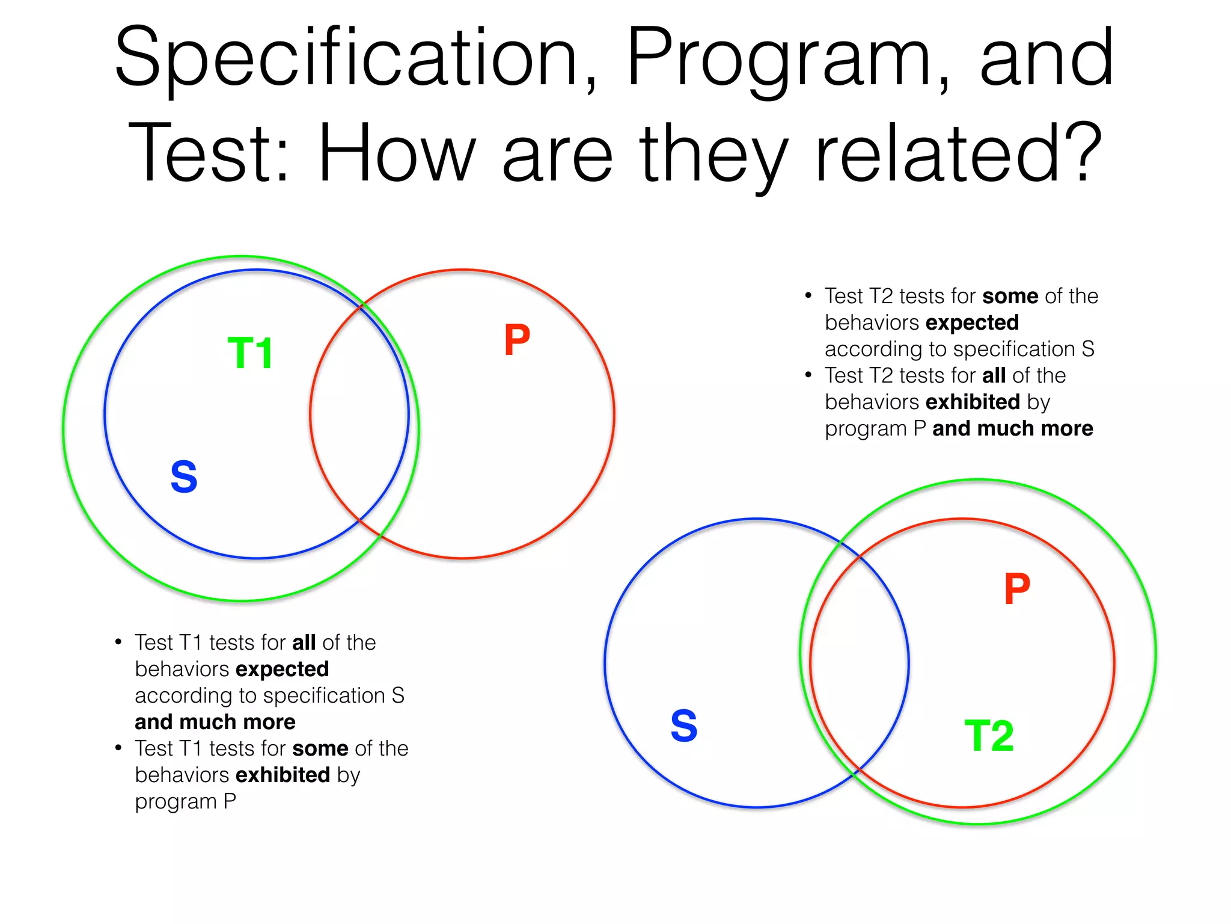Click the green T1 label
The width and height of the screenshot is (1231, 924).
[x=251, y=353]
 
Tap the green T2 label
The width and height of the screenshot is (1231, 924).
[x=989, y=736]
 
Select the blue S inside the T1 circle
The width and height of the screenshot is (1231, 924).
[x=184, y=477]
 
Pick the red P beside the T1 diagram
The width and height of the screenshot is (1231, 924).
[x=517, y=340]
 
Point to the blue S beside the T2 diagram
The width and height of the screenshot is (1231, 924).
[x=684, y=726]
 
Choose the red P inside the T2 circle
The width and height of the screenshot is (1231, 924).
[x=1017, y=589]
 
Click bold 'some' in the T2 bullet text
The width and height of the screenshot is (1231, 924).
[x=1010, y=296]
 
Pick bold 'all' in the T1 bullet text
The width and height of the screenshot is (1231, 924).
[x=304, y=642]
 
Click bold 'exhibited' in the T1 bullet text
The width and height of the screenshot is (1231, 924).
[x=283, y=775]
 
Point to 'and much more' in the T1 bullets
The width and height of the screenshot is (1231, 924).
[x=215, y=722]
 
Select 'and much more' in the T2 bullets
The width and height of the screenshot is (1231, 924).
[x=1012, y=428]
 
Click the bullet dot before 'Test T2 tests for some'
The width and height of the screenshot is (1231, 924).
[x=808, y=295]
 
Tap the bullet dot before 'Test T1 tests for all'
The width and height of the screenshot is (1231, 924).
[x=118, y=641]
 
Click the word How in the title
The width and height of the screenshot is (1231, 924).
[x=397, y=153]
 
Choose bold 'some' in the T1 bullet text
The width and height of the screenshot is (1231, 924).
[x=320, y=748]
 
